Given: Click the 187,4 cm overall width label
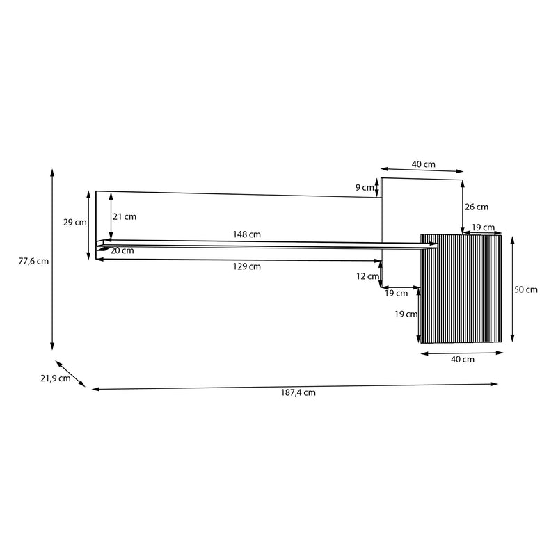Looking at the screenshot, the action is [298, 393].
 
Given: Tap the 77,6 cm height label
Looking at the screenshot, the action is [33, 261].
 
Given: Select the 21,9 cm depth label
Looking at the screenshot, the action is [56, 378].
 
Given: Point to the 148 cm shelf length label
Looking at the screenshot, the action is [246, 234].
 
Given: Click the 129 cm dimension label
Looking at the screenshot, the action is [246, 266].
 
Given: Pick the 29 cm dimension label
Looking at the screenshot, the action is [74, 223].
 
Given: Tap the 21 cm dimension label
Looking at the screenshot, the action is [125, 216].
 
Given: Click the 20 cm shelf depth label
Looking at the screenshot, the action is [122, 250].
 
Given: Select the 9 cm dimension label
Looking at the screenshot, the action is [365, 188].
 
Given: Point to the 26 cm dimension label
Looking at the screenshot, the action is [477, 207].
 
